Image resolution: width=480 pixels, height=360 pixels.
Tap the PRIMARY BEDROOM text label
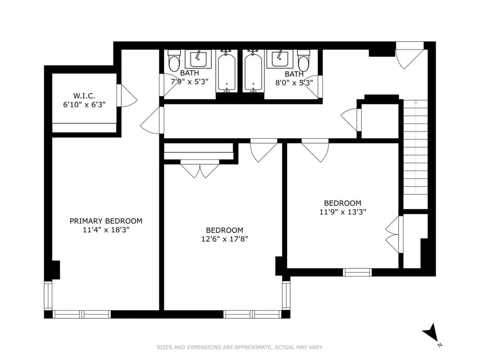(106, 221)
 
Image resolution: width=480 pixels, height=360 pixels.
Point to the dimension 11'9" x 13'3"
(342, 212)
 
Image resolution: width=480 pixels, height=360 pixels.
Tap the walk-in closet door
(125, 96)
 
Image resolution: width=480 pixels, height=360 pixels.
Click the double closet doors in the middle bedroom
(200, 168)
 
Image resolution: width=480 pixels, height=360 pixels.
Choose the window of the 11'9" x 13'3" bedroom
(357, 272)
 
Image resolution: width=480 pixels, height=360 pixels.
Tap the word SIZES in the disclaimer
(164, 347)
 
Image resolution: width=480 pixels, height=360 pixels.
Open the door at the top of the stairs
(408, 56)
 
